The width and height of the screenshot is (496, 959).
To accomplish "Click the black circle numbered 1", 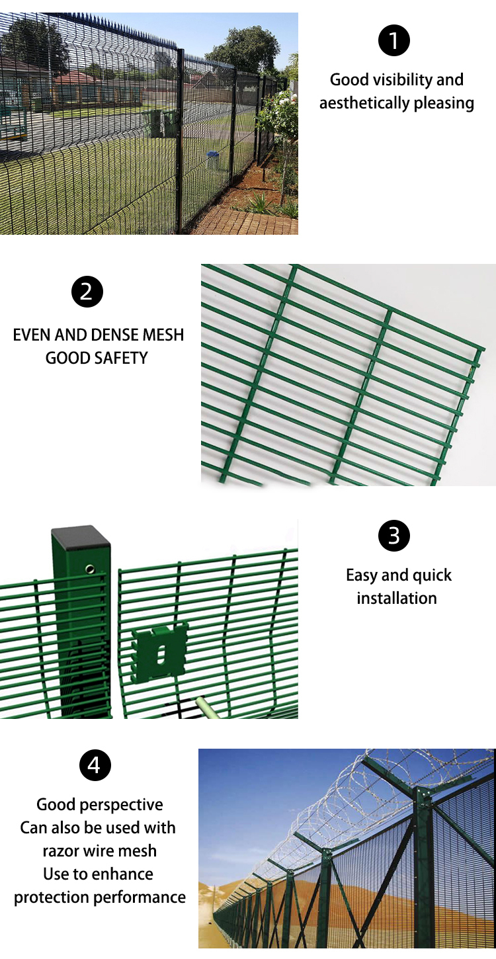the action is pos(393,40).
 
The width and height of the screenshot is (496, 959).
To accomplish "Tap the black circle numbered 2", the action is pos(87,292).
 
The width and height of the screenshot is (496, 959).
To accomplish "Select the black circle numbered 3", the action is pos(393,536).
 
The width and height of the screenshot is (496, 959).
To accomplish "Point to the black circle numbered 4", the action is pos(95,765).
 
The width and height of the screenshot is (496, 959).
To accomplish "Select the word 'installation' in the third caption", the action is pos(397,598).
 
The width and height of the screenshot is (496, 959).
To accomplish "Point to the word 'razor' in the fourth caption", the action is pos(62,851).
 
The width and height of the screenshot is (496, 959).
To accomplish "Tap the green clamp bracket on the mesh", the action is pos(159,653).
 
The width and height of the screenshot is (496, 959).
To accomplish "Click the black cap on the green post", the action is pos(81,538).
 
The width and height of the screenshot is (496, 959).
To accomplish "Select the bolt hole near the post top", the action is pos(90,569).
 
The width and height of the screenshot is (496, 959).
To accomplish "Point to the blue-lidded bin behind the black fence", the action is pos(212,159).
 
